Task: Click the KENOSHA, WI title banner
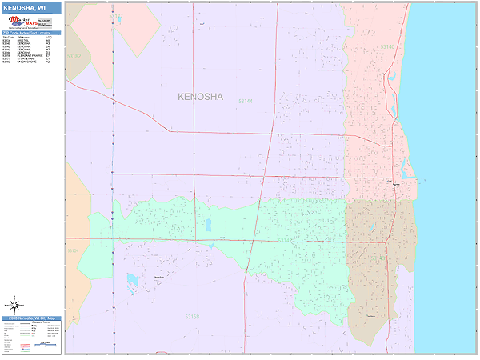[30, 8]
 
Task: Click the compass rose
[14, 305]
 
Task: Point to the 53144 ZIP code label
[246, 102]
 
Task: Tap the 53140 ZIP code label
[387, 47]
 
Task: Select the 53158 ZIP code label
[193, 318]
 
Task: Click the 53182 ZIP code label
[74, 57]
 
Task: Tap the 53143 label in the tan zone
[379, 258]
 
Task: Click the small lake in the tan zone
[370, 234]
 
